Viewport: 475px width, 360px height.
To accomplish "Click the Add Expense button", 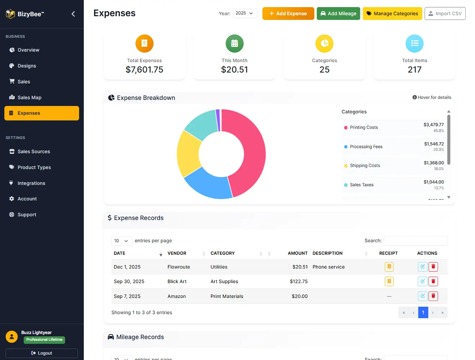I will click(288, 14).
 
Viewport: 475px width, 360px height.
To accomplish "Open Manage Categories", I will click(392, 14).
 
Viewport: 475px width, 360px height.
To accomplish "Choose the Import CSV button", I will click(445, 14).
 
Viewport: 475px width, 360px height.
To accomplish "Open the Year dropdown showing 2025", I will click(245, 13).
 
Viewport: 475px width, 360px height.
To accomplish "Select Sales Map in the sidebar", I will click(29, 98).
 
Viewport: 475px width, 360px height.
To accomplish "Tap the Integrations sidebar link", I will click(31, 183).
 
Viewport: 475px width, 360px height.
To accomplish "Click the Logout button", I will click(42, 353).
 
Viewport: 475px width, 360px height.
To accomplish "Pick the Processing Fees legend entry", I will click(366, 147).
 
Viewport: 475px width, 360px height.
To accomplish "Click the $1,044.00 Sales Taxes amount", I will click(434, 182).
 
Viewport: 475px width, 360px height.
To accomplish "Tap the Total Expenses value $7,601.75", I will click(144, 69).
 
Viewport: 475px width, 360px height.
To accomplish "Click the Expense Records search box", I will click(415, 241).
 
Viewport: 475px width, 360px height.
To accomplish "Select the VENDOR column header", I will click(177, 253).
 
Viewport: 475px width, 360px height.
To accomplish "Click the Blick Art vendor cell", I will click(177, 282).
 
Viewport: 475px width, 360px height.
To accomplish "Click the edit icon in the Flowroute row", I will click(422, 267).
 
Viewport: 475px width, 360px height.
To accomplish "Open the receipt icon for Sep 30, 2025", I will click(389, 282).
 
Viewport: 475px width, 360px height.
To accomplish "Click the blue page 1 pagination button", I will click(423, 312).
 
